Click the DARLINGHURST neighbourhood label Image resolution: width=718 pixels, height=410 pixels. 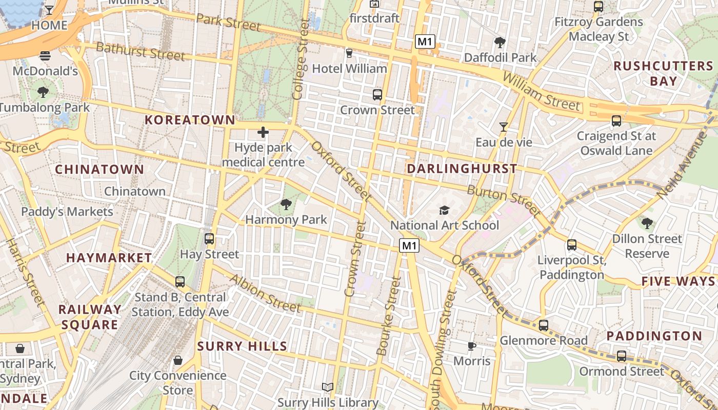pos(462,169)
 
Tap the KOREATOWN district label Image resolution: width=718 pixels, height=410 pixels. pos(190,120)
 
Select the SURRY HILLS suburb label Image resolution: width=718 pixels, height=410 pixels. pos(242,346)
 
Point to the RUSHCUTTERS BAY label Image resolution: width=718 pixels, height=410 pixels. pos(663,73)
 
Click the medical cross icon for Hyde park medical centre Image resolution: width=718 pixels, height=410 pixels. pos(263,133)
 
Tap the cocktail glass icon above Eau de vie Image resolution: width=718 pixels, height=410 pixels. pos(504,127)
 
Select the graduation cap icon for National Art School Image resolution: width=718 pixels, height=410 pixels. pos(444,210)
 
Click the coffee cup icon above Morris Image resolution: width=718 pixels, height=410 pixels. pos(472,346)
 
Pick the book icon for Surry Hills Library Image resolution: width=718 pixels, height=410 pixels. pos(328,387)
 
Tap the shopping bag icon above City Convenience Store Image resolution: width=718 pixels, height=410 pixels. pos(178,361)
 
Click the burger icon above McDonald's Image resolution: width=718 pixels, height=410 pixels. pos(45,56)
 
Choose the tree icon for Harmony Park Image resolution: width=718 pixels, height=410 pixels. pos(286,205)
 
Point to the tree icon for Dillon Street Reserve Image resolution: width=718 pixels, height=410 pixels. pos(647,223)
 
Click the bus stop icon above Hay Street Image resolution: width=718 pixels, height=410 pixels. pos(209,239)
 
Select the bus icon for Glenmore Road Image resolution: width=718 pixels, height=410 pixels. pos(543,325)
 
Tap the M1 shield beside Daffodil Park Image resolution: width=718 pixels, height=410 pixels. pos(425,42)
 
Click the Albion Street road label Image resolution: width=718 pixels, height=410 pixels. pos(265,294)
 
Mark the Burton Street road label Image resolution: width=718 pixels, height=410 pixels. pos(504,200)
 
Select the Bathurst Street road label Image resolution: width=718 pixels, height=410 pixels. pos(141,51)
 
